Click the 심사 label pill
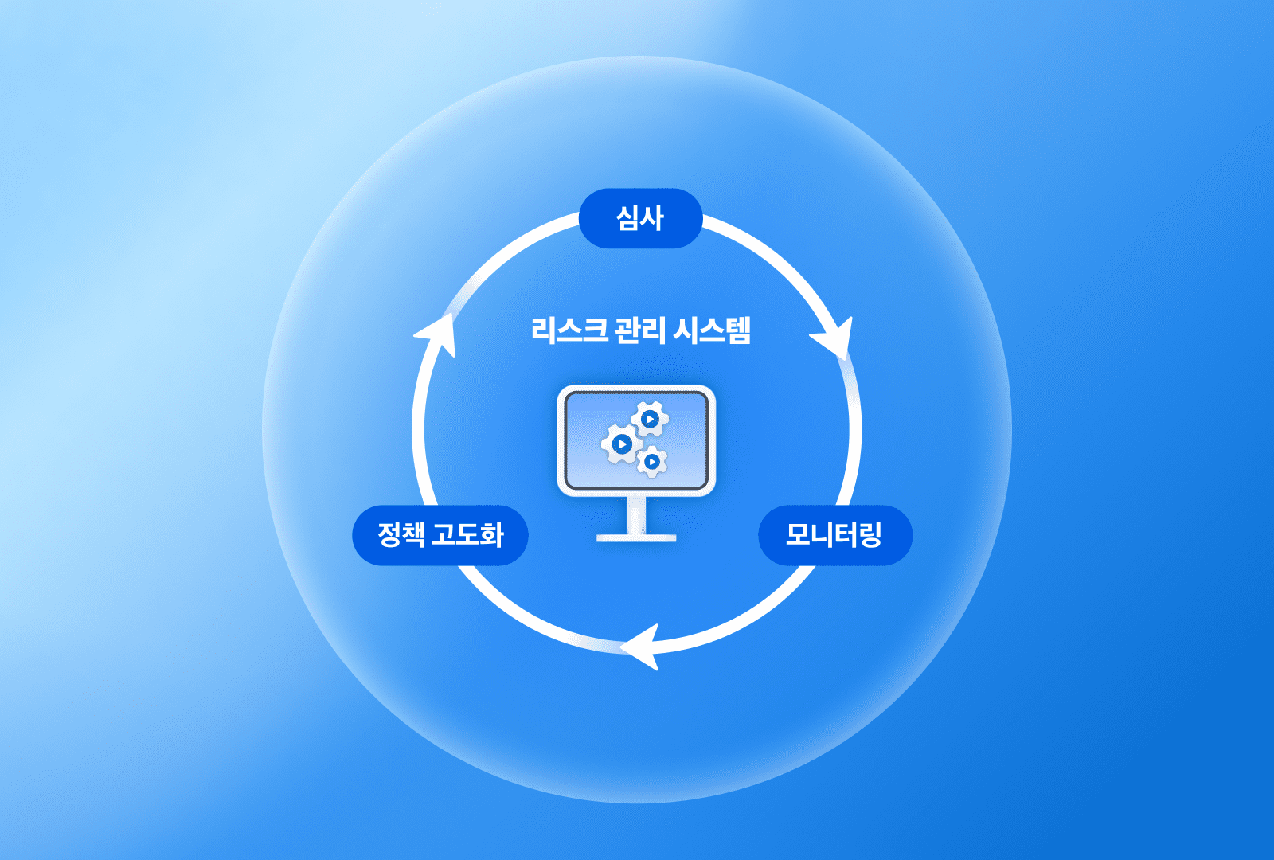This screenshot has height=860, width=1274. tap(640, 218)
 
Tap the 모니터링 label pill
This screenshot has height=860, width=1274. tap(834, 535)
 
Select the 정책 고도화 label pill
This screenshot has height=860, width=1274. tap(440, 535)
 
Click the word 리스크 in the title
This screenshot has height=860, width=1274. tap(569, 330)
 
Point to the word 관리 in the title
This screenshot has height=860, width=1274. tap(640, 330)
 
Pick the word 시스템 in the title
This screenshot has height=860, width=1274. tap(712, 330)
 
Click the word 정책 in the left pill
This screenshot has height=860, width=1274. tap(401, 534)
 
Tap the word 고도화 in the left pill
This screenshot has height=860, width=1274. tap(467, 534)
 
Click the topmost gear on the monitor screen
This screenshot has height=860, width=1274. tap(650, 419)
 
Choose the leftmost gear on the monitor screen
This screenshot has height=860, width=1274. tap(622, 444)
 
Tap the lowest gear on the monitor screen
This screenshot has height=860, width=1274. tap(652, 461)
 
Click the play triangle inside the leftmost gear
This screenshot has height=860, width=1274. tap(623, 444)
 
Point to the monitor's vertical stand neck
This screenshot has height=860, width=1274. tap(636, 514)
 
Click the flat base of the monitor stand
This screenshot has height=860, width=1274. tap(636, 538)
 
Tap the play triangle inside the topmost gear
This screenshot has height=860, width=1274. tap(651, 419)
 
